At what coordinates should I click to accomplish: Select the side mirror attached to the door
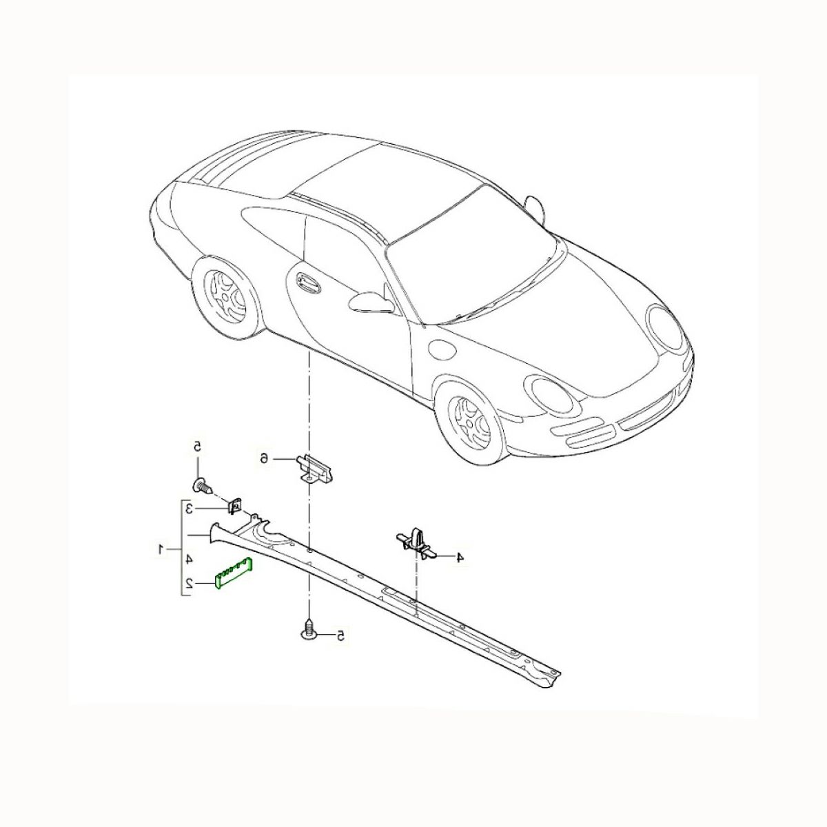371,301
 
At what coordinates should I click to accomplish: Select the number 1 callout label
162,549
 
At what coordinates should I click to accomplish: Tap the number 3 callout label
189,510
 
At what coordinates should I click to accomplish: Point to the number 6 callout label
265,459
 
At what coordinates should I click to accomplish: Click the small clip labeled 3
234,507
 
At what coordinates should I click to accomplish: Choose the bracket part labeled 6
316,469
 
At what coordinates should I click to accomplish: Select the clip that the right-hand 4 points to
416,544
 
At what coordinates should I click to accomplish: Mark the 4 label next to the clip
459,557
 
